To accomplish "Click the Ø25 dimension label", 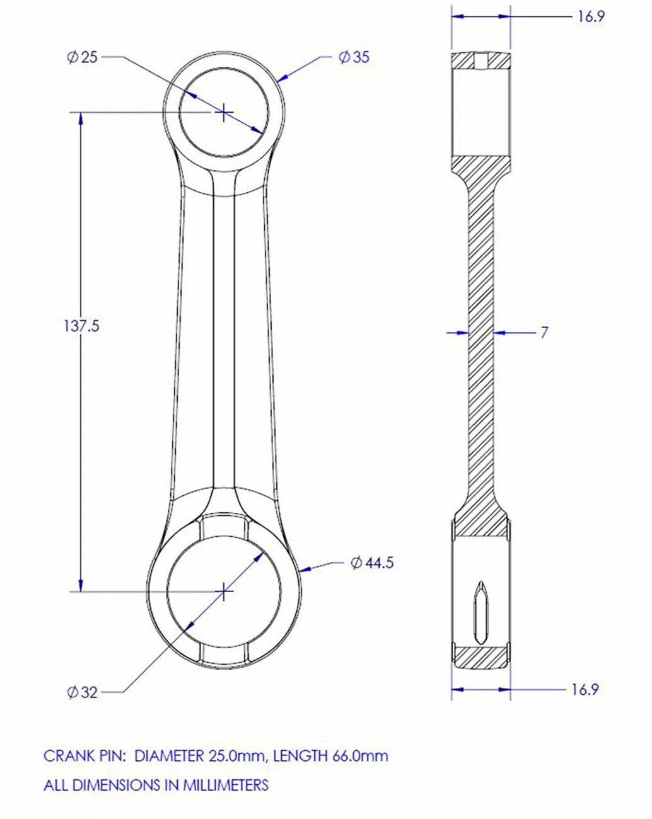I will click(83, 57).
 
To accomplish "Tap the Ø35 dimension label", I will click(354, 57).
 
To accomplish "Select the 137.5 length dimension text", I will click(81, 326).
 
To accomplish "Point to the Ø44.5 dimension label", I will click(372, 563).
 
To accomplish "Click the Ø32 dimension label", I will click(83, 692).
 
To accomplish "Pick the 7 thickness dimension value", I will click(544, 332).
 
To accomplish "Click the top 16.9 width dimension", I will click(590, 16).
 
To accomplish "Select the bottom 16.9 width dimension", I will click(584, 689).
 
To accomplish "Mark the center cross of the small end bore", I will click(224, 113).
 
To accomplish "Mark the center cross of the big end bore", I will click(224, 591).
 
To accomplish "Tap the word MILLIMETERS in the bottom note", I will click(226, 785).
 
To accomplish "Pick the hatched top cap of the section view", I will click(480, 60).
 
